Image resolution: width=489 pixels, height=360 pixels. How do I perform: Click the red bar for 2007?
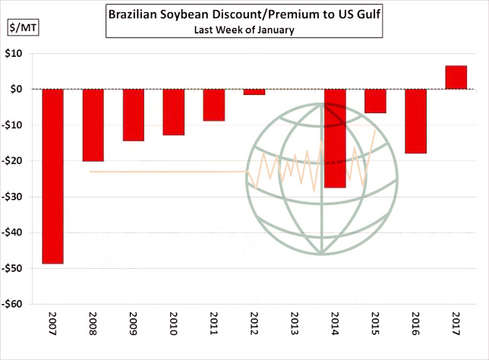[52, 176]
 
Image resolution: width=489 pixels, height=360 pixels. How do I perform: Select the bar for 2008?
[93, 125]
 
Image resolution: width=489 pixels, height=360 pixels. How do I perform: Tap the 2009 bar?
[133, 115]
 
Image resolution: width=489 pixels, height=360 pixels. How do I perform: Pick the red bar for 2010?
[173, 112]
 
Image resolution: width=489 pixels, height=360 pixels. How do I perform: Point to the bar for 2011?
[213, 105]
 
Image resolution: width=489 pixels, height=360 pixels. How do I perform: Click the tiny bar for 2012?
[254, 92]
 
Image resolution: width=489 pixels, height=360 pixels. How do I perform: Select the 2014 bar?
[335, 138]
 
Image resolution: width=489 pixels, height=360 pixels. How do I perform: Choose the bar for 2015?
[375, 101]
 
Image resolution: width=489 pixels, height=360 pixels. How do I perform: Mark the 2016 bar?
[415, 122]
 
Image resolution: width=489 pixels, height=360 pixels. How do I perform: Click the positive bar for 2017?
[456, 77]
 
